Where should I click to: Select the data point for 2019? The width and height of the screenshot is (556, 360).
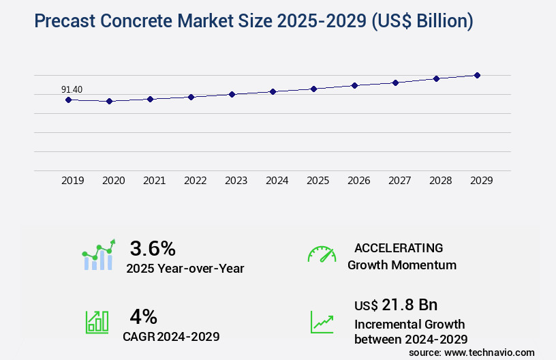pyautogui.click(x=68, y=100)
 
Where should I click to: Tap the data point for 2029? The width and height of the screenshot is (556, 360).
pyautogui.click(x=477, y=75)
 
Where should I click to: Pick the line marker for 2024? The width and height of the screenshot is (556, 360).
pyautogui.click(x=273, y=91)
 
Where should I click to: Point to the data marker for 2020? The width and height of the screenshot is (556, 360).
pyautogui.click(x=109, y=101)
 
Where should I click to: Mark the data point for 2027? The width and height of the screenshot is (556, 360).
pyautogui.click(x=395, y=82)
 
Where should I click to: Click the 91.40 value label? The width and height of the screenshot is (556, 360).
pyautogui.click(x=72, y=89)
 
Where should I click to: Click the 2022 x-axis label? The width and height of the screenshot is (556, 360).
pyautogui.click(x=195, y=181)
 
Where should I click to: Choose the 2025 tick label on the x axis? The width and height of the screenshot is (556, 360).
pyautogui.click(x=318, y=181)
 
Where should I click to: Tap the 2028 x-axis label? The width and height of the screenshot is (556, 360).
pyautogui.click(x=440, y=181)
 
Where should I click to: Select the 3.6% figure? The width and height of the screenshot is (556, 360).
pyautogui.click(x=153, y=247)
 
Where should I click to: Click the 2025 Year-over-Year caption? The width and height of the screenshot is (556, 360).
pyautogui.click(x=185, y=269)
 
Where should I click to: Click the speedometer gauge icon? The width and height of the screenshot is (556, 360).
pyautogui.click(x=322, y=254)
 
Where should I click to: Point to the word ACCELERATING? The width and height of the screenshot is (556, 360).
pyautogui.click(x=399, y=247)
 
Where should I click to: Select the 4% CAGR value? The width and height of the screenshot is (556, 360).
pyautogui.click(x=143, y=316)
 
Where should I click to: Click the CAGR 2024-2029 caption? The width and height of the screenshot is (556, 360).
pyautogui.click(x=171, y=337)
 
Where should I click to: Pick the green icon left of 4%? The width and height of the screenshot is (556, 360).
pyautogui.click(x=97, y=322)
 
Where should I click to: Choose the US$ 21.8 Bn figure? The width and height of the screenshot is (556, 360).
pyautogui.click(x=396, y=304)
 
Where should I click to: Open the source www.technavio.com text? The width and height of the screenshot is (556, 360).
pyautogui.click(x=472, y=352)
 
